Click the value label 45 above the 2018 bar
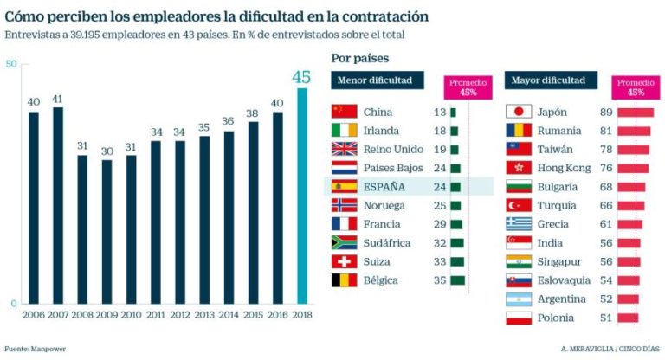(x=300, y=77)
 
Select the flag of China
(x=344, y=112)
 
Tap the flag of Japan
(x=517, y=112)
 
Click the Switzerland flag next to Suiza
(x=344, y=261)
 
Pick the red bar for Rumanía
(x=634, y=131)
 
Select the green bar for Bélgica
(x=457, y=280)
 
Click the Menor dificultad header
(x=377, y=80)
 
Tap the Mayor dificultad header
(x=549, y=80)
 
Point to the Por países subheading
(x=360, y=58)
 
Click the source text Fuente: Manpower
(x=35, y=348)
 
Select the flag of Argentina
(x=517, y=299)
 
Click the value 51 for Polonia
(x=606, y=318)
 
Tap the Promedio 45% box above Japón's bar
(x=636, y=87)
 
